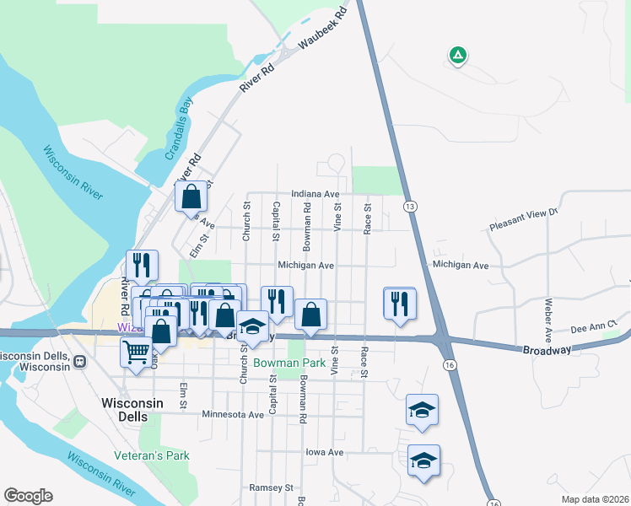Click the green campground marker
coord(457,56)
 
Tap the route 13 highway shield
coord(410,207)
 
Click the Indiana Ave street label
coord(315,194)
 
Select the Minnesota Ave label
coord(234,414)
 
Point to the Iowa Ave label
coord(325,453)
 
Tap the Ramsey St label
coord(271,487)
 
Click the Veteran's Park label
coord(152,455)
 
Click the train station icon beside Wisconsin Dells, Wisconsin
coord(80,361)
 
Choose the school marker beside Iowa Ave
coord(423,461)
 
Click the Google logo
coord(28,496)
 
